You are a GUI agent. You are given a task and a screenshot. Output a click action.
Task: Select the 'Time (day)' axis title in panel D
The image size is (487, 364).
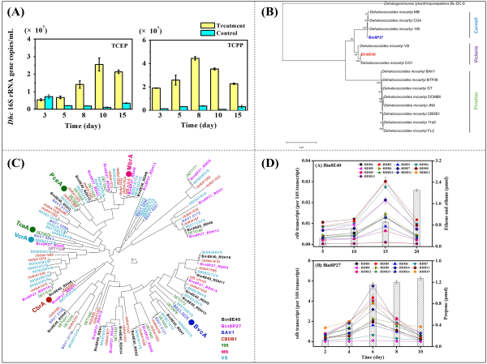point(373,357)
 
